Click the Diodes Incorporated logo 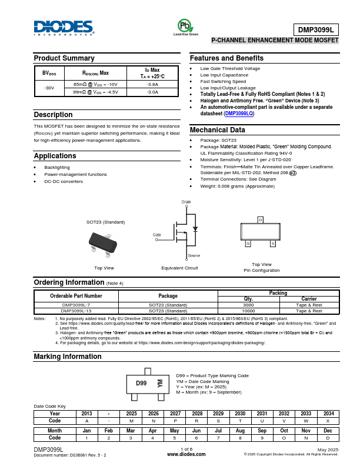(64, 28)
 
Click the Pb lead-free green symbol (185, 26)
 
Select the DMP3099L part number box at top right (316, 29)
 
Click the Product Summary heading (64, 58)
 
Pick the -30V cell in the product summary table (49, 88)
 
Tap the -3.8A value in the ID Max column (152, 84)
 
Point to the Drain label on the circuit (186, 201)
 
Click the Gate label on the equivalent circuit (157, 234)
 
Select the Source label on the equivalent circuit (194, 255)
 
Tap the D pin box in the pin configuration (260, 220)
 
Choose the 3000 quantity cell (248, 305)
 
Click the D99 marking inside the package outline (141, 383)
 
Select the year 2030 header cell (240, 414)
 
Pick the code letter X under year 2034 (328, 421)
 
